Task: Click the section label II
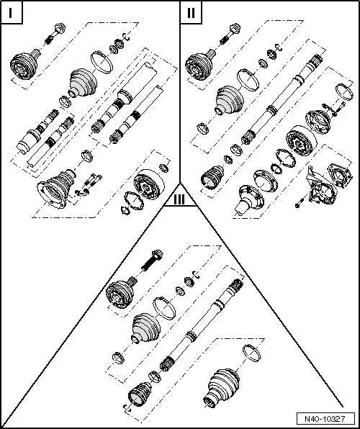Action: (190, 13)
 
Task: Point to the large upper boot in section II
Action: (228, 100)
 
